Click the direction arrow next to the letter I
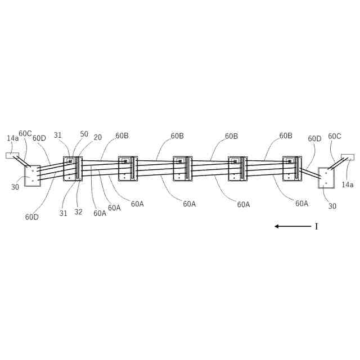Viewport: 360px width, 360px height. click(292, 226)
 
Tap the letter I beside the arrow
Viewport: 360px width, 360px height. click(316, 226)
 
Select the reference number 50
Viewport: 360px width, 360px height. click(84, 134)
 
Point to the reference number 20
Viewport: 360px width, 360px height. click(98, 137)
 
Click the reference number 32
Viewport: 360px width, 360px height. click(78, 212)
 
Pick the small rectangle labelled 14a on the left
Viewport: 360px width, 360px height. click(12, 155)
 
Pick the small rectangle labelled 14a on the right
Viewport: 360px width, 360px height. click(348, 157)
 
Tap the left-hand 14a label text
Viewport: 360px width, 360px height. click(12, 138)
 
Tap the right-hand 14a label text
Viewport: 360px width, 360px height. click(348, 184)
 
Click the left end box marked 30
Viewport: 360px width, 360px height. click(32, 175)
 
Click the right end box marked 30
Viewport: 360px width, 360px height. click(326, 177)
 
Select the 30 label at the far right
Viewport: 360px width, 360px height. click(332, 206)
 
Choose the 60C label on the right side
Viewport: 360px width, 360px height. click(335, 136)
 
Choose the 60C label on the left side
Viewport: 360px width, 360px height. click(25, 134)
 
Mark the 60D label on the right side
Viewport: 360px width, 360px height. click(314, 138)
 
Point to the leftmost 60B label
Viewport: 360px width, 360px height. click(122, 136)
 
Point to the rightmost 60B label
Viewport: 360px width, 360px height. click(286, 136)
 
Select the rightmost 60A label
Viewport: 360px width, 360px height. click(302, 204)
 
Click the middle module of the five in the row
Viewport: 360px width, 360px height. click(183, 168)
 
